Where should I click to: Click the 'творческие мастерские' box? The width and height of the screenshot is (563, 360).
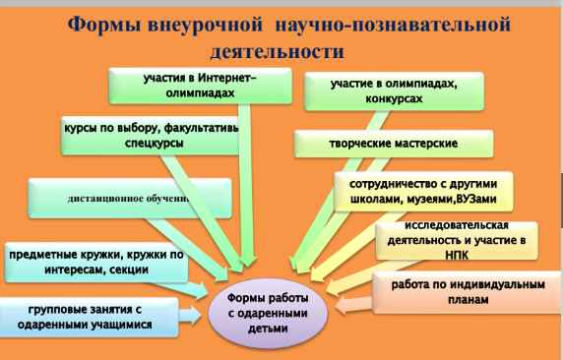click(393, 144)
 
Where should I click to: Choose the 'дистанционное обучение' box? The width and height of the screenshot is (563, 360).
click(128, 200)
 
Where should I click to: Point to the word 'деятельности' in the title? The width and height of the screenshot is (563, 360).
click(281, 48)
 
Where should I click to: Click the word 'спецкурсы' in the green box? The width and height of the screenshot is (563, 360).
click(127, 142)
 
